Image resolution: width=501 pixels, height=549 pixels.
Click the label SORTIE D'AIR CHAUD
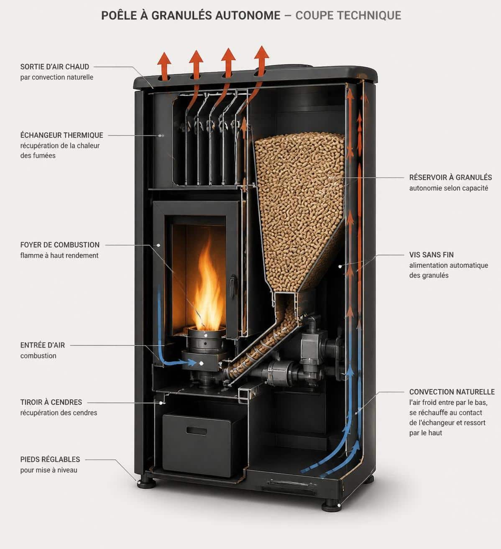tap(54, 66)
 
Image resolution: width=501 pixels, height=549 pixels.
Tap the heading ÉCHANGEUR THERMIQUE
tap(61, 135)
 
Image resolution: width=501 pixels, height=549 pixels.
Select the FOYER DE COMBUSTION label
tap(60, 245)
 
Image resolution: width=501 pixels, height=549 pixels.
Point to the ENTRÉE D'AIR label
tap(42, 345)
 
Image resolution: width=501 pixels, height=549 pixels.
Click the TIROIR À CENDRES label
tap(51, 402)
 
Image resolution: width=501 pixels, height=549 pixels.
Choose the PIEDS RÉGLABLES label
tap(50, 459)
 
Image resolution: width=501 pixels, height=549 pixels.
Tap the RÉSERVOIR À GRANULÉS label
tap(450, 177)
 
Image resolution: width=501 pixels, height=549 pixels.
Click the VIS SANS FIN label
tap(431, 255)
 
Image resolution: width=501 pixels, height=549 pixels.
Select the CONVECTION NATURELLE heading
tap(452, 392)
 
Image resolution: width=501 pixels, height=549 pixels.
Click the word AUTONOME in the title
tap(248, 15)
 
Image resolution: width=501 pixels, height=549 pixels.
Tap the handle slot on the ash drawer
tap(196, 431)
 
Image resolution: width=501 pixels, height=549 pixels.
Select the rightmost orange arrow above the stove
tap(261, 61)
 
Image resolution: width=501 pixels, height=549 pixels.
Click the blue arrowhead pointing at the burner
tap(192, 363)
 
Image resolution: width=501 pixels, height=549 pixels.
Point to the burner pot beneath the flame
tap(206, 340)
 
